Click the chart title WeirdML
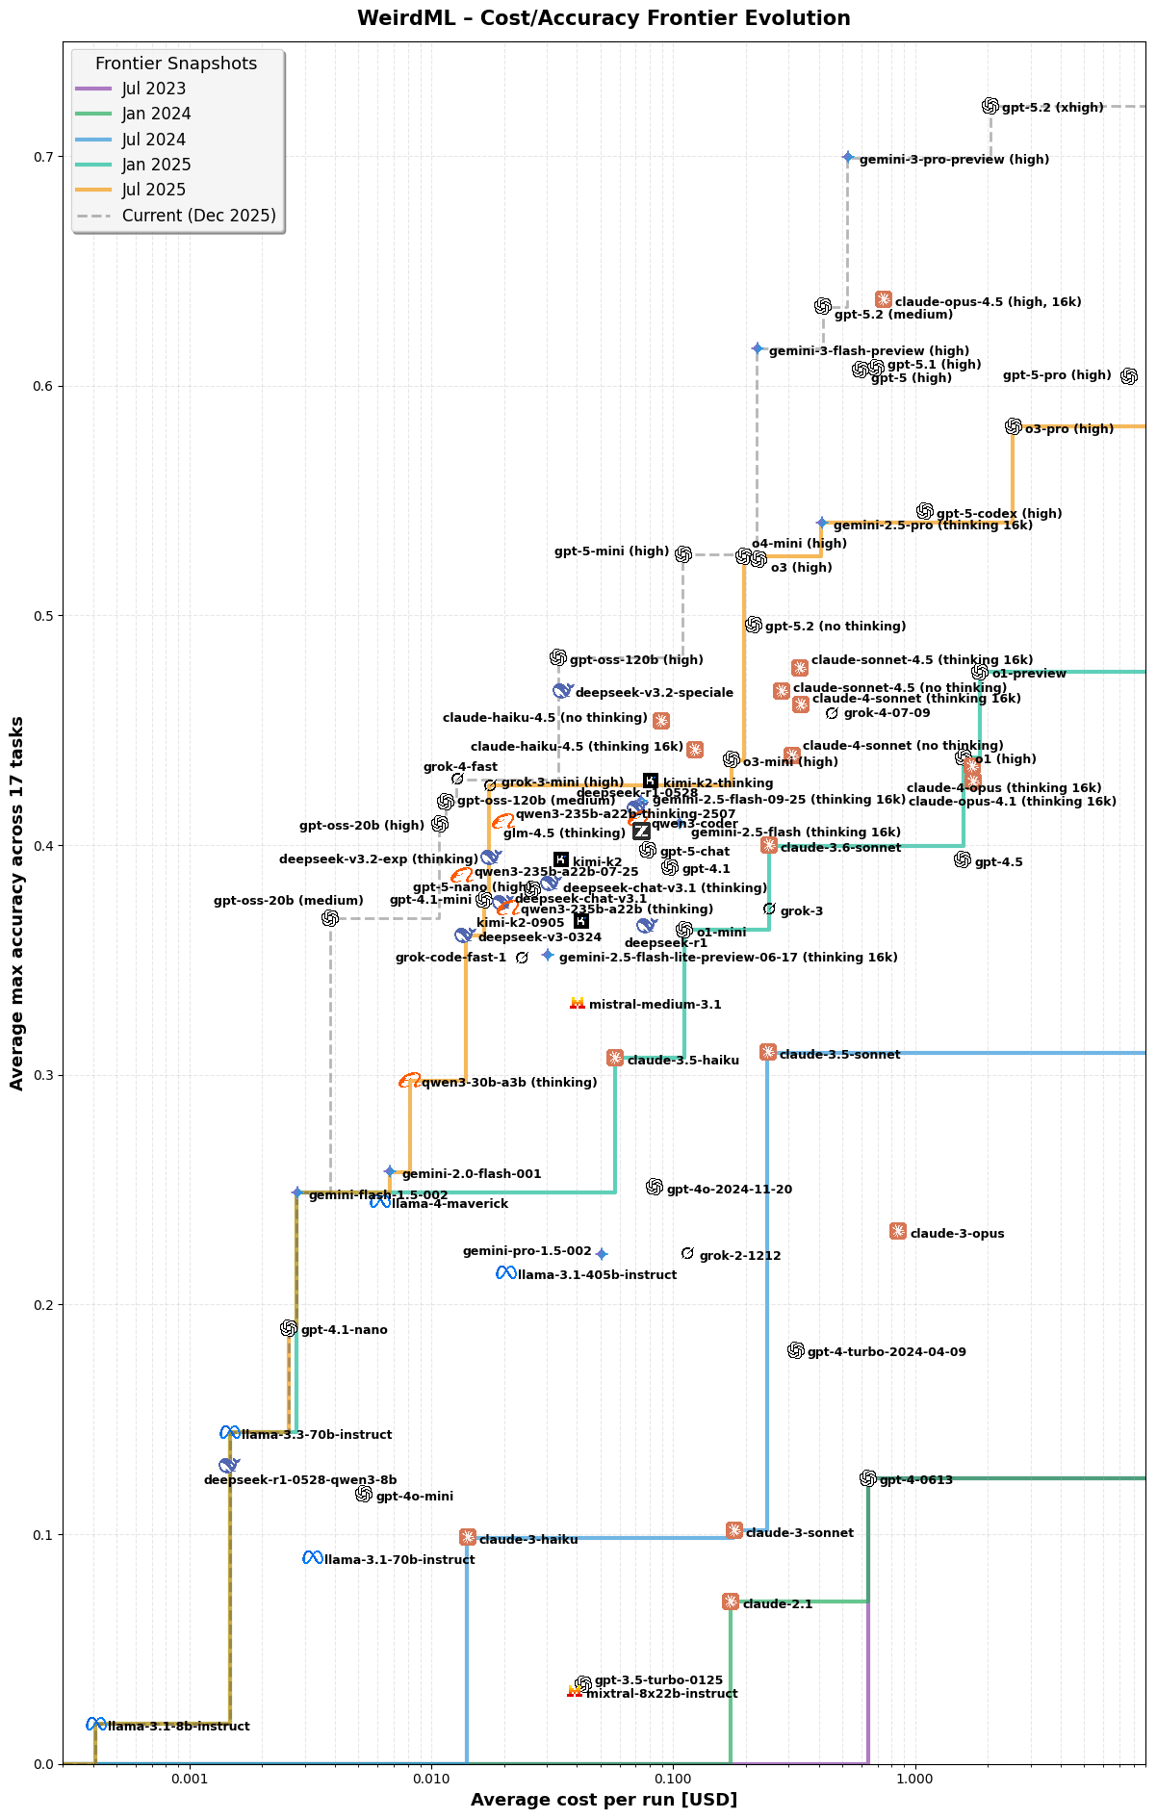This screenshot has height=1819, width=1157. click(x=604, y=18)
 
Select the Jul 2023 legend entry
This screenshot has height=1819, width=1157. click(x=154, y=89)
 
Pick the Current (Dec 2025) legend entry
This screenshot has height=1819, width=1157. click(x=198, y=216)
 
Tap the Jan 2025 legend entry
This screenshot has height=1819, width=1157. click(x=156, y=165)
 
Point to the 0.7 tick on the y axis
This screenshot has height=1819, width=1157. click(x=43, y=157)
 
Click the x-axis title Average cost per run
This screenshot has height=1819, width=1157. click(x=604, y=1799)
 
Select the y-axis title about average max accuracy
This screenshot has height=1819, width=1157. click(x=16, y=903)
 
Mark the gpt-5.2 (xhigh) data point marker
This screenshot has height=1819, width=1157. click(x=990, y=106)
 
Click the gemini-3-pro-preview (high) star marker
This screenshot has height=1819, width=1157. click(x=848, y=157)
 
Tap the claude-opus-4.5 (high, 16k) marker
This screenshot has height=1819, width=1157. click(x=884, y=299)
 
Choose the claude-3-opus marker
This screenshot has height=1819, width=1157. click(x=898, y=1231)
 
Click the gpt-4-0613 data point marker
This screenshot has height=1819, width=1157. click(x=868, y=1477)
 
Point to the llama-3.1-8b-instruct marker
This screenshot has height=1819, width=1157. click(x=95, y=1724)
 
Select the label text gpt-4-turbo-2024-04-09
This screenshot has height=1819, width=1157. click(x=887, y=1352)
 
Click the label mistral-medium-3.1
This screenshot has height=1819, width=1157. click(x=655, y=1005)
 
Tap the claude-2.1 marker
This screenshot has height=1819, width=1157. click(x=731, y=1601)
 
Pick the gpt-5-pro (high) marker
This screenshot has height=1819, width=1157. click(x=1129, y=376)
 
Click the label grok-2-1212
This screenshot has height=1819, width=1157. click(x=740, y=1256)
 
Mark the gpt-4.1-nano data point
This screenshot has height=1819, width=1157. click(x=289, y=1328)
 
